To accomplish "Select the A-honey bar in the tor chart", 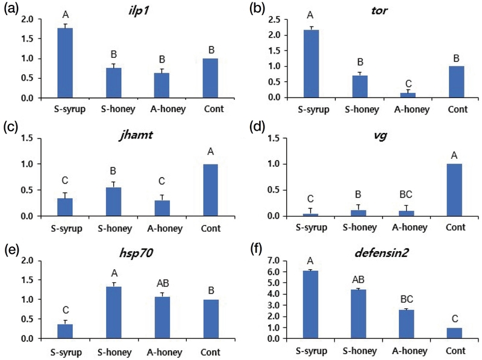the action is point(408,95).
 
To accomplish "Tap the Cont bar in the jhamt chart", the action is point(210,190).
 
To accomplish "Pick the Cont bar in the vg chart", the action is point(454,190).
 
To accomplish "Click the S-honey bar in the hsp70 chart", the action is point(114,312).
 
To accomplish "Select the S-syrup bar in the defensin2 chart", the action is point(310,305).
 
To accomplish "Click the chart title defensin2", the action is point(381,253).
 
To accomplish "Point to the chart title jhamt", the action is point(136,135).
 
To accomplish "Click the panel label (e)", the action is point(11,250).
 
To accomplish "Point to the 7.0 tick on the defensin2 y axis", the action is point(274,261).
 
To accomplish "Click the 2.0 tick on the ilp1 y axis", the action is point(27,19).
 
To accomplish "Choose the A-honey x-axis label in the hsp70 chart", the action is point(164,352).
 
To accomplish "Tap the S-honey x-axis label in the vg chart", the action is point(360,228).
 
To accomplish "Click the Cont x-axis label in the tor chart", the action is point(457,110).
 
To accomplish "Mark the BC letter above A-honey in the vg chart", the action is point(405,194).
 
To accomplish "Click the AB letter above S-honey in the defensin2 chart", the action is point(358,279).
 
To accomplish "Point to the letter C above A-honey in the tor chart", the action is point(408,84).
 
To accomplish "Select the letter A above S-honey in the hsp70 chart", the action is point(114,273).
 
